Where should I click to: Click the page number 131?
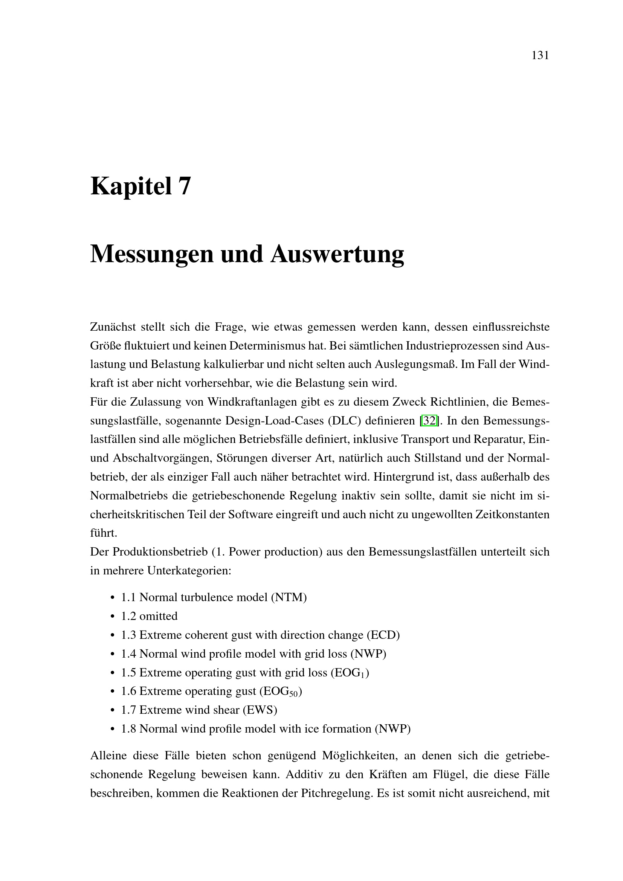click(x=540, y=56)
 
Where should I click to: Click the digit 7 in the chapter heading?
click(x=184, y=186)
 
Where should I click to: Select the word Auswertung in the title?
click(x=337, y=254)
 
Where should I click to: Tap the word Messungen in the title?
click(x=151, y=254)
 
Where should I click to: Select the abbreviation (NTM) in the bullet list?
click(x=289, y=597)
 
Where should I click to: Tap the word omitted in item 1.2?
click(x=159, y=616)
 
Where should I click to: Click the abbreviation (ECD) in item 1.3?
click(x=383, y=635)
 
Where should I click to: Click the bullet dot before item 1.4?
click(x=112, y=654)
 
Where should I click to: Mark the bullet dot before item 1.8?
click(x=112, y=729)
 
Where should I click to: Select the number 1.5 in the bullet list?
click(x=128, y=673)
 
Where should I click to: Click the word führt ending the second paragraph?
click(x=103, y=533)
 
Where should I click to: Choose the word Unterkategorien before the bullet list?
click(x=189, y=571)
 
